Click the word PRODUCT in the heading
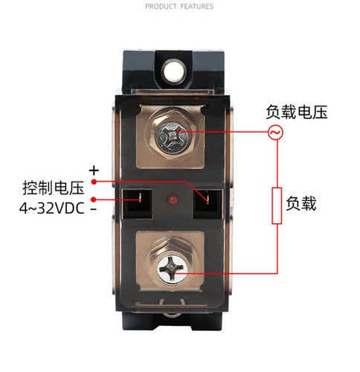[x=161, y=7]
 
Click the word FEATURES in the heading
[x=197, y=7]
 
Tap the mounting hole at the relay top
[x=174, y=71]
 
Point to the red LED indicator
[x=173, y=199]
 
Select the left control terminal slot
[x=138, y=204]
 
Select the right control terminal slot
[x=208, y=204]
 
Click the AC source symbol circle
[x=276, y=132]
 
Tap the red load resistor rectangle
[x=277, y=206]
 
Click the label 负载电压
[x=297, y=112]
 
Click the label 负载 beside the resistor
[x=301, y=204]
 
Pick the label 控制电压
[x=54, y=187]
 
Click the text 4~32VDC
[x=52, y=208]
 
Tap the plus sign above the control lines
[x=94, y=170]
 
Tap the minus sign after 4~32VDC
[x=94, y=209]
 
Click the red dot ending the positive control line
[x=94, y=182]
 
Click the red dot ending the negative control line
[x=94, y=199]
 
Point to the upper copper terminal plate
[x=170, y=137]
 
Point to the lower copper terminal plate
[x=170, y=261]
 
